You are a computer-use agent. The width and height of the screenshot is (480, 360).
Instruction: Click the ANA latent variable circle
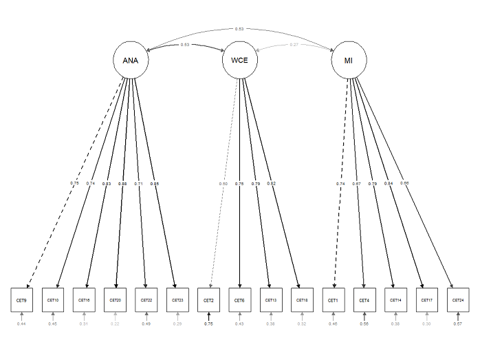coord(130,61)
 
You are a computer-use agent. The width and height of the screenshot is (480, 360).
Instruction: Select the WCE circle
coord(239,61)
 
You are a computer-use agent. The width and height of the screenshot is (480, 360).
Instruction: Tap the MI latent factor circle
coord(349,61)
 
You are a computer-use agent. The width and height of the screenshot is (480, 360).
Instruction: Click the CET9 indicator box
coord(21,300)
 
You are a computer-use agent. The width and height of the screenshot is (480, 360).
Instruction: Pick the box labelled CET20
coord(115,300)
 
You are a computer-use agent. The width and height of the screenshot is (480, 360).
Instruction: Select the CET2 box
coord(208,300)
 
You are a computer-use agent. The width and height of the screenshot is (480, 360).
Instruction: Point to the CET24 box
coord(458,300)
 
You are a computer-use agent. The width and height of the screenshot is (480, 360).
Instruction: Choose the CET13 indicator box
coord(271,300)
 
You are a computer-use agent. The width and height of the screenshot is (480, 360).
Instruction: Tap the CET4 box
coord(364,300)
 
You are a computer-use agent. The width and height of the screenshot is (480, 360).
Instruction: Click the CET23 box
coord(177,300)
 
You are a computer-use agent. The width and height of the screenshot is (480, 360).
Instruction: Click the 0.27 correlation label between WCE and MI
coord(294,45)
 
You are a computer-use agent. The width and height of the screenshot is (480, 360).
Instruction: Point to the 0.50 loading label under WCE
coord(223,184)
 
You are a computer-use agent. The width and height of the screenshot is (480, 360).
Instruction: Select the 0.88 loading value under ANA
coord(122,184)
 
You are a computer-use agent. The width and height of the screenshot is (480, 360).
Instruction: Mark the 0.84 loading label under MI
coord(389,184)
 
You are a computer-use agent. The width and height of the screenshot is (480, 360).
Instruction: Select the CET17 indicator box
coord(426,300)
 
